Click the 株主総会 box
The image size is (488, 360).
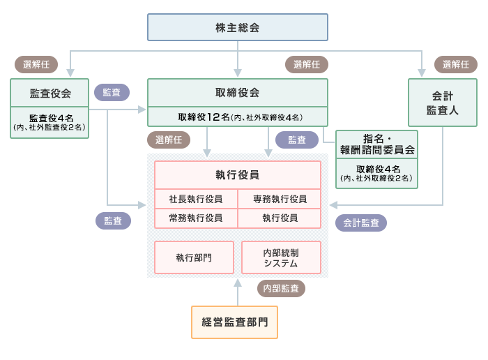[237, 27]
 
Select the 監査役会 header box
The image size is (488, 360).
[49, 93]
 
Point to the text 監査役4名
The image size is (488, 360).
[49, 118]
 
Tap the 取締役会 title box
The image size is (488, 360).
[237, 93]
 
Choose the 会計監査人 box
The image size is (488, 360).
[442, 103]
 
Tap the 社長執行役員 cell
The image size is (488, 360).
[196, 199]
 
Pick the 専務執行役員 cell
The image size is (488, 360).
[280, 199]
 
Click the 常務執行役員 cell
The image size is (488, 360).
[196, 218]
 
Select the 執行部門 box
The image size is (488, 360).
[194, 257]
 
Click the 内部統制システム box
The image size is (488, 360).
[281, 257]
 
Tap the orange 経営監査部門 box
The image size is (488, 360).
[234, 322]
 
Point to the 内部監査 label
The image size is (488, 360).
[281, 288]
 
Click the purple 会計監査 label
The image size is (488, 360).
[361, 223]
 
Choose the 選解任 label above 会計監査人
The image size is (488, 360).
[455, 64]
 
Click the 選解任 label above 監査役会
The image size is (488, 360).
[36, 64]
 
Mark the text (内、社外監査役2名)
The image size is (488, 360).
[49, 128]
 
